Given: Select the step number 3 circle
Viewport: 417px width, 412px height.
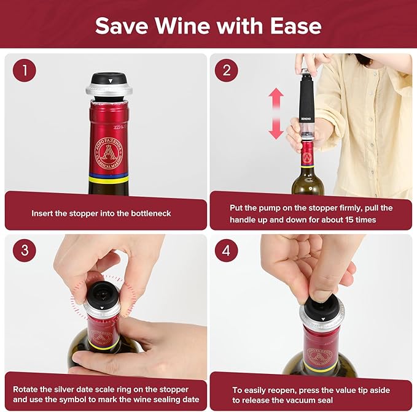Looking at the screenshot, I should [25, 250].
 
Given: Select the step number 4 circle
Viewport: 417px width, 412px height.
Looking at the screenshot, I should [226, 250].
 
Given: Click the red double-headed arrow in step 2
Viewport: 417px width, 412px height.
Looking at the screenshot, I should [276, 113].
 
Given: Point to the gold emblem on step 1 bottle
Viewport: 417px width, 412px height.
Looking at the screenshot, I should [109, 151].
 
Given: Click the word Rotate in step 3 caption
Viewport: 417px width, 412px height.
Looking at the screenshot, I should [26, 390].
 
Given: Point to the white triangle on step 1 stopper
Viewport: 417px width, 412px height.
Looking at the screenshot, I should [109, 80].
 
